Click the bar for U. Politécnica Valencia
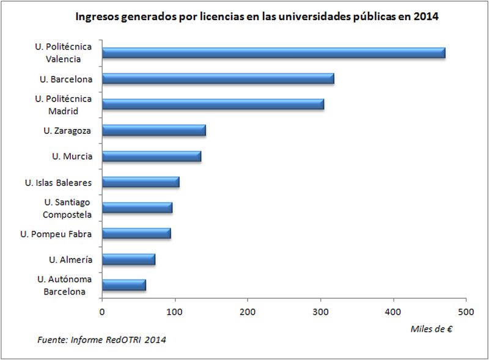274,53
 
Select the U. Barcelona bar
218,78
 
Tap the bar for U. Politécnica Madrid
213,104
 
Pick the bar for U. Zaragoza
154,130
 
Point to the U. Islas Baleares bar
141,182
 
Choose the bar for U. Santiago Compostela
137,208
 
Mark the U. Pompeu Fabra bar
136,233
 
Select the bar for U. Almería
128,259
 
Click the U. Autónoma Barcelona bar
124,285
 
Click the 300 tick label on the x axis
320,312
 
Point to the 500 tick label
466,312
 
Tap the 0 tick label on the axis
102,312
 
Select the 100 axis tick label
175,312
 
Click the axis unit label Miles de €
432,329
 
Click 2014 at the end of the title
427,17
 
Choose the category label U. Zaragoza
68,130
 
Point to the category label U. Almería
71,260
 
